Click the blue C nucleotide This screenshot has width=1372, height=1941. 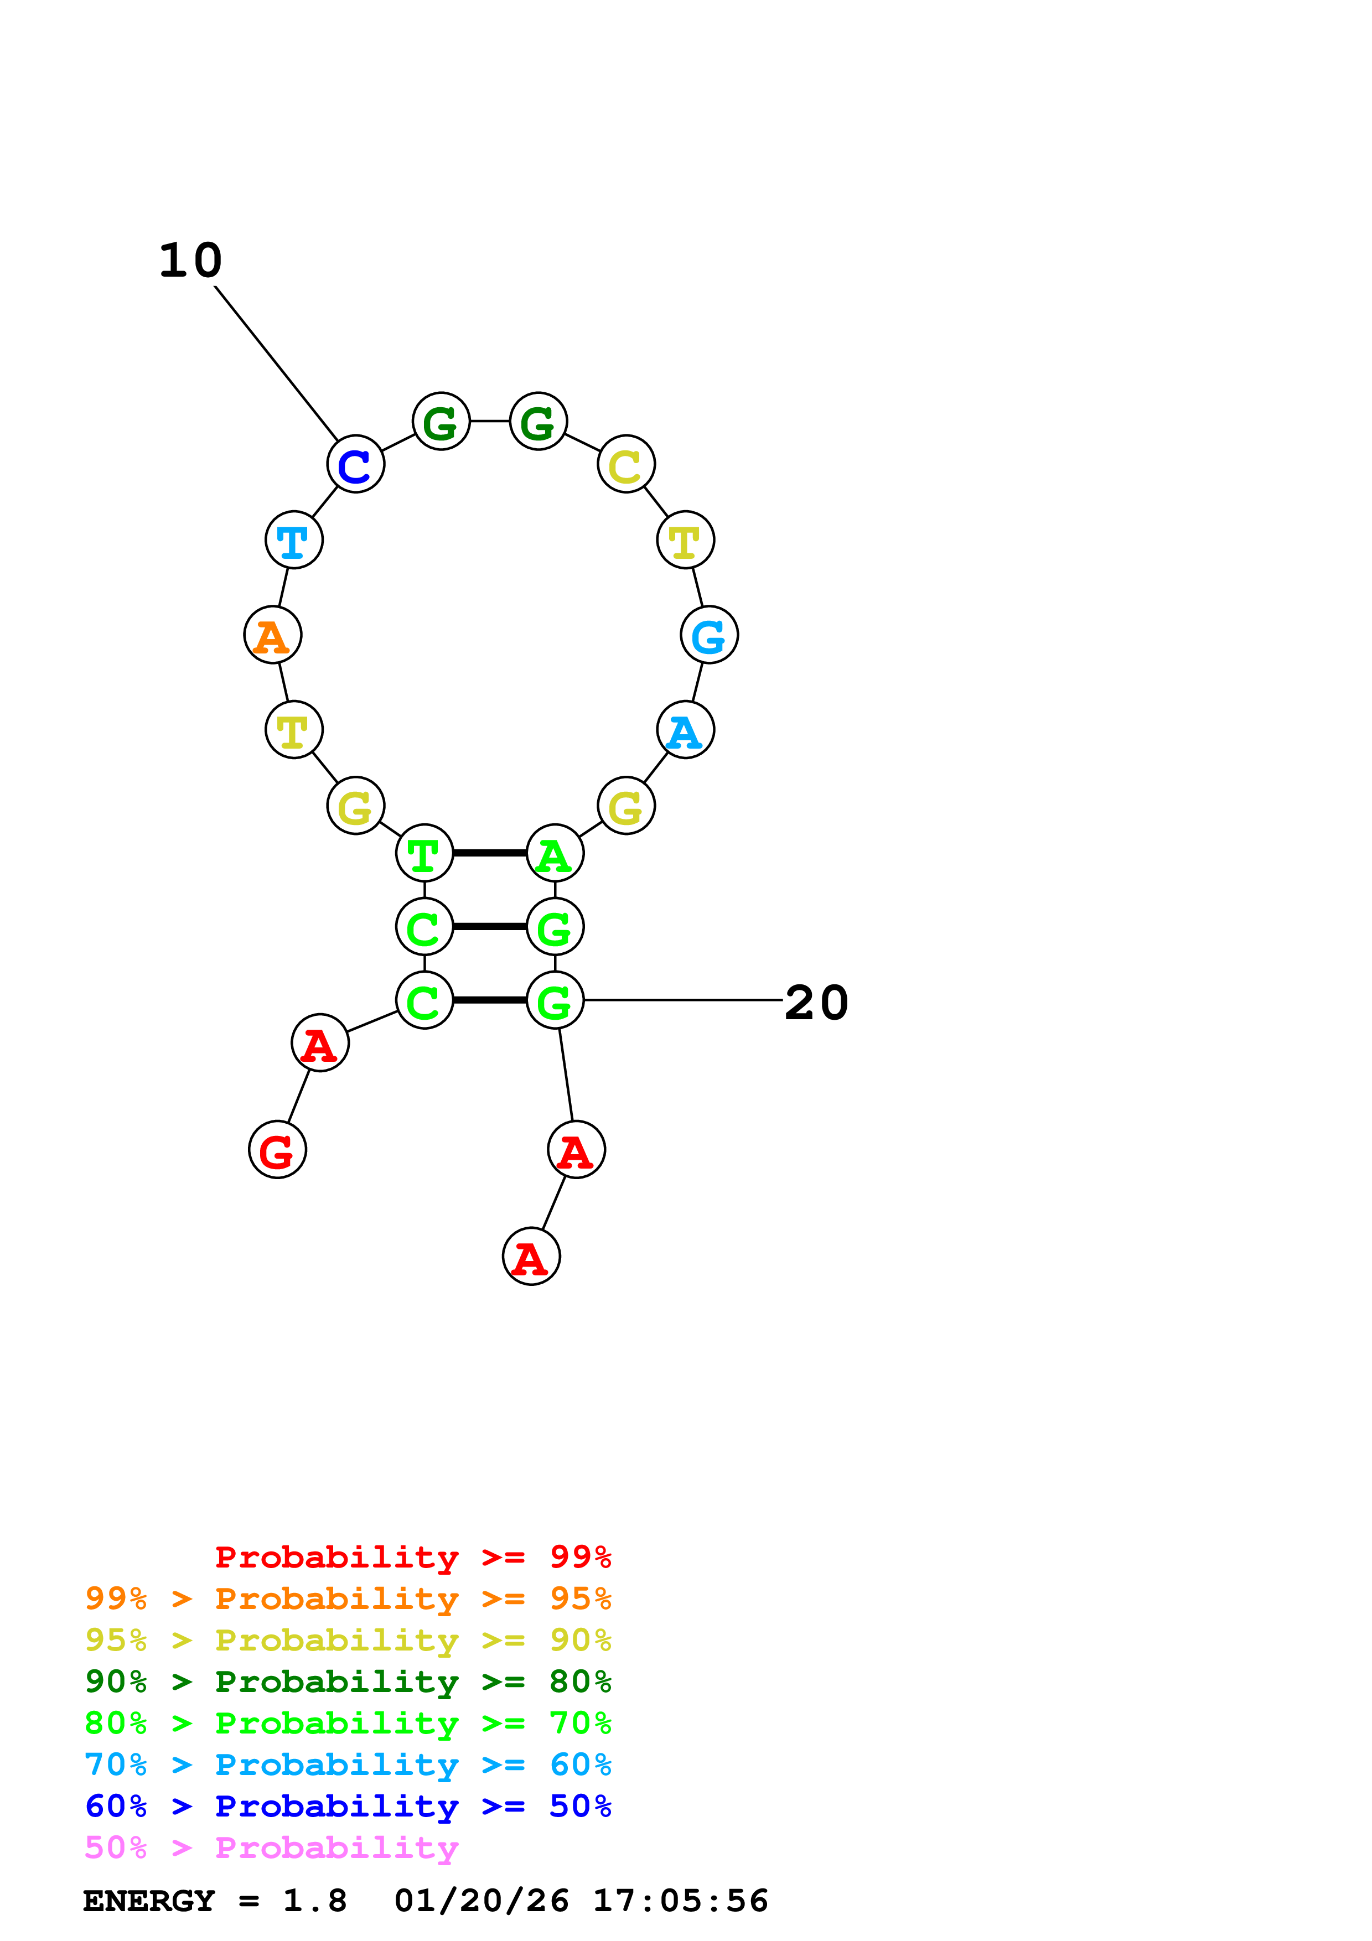pos(355,464)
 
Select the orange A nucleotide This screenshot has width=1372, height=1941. pos(272,635)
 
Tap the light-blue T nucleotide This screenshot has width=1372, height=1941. pos(293,539)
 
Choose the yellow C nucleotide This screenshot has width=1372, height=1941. pos(625,464)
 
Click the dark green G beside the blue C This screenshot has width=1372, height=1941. pos(441,421)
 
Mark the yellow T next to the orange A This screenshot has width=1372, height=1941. pos(293,730)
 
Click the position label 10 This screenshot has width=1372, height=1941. pos(191,261)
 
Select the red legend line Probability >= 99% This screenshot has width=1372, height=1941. pos(412,1556)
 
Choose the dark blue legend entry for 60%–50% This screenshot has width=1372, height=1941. pos(348,1806)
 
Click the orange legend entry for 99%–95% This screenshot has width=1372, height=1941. pos(348,1598)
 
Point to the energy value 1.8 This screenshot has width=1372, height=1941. pos(314,1901)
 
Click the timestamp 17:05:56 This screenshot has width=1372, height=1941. pos(680,1901)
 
